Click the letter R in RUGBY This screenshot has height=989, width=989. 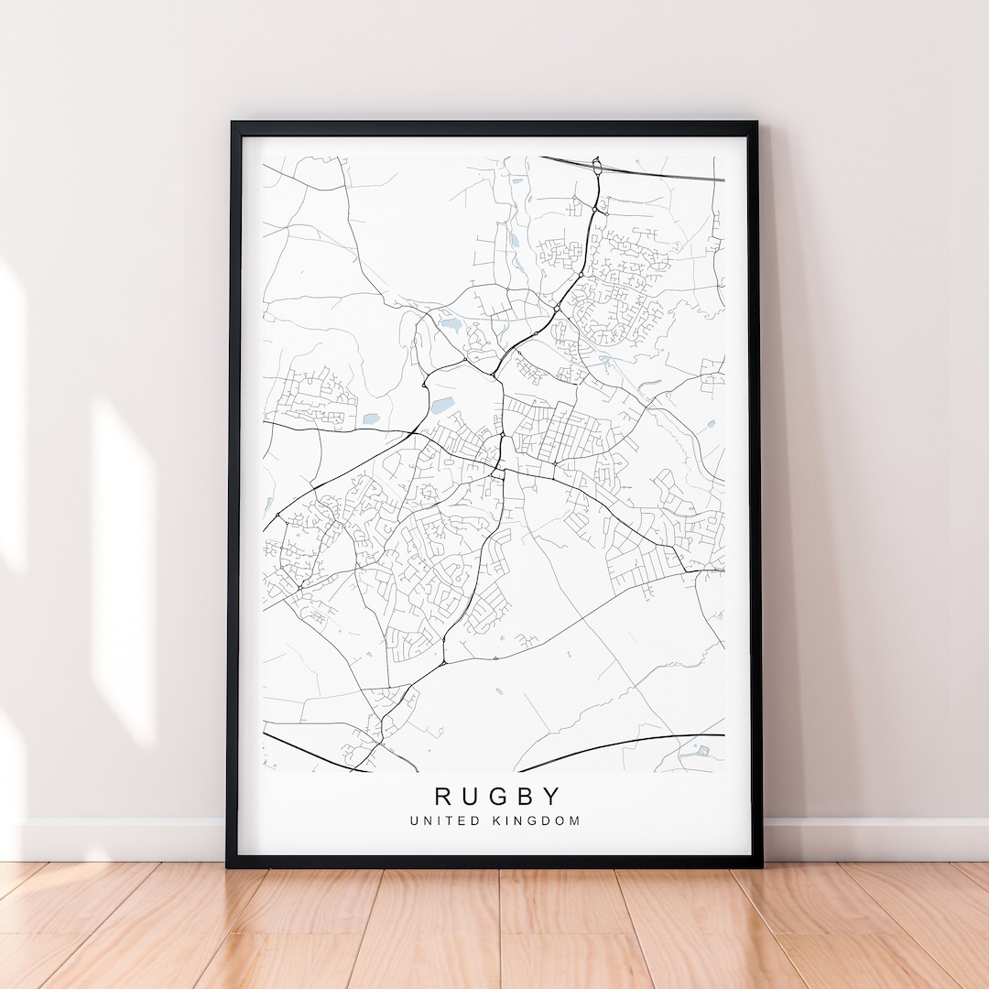[x=443, y=796]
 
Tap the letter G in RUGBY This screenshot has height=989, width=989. [x=497, y=796]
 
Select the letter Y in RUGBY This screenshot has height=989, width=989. [x=551, y=796]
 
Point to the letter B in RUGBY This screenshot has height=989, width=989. [x=525, y=796]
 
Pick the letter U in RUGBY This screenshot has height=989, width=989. [x=470, y=796]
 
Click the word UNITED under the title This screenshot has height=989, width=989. [x=445, y=821]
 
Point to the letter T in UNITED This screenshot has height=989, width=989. [x=455, y=821]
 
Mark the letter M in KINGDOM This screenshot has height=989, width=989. [x=575, y=821]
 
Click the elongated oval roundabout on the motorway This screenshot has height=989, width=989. [x=596, y=168]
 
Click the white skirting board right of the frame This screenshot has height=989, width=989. [x=870, y=839]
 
